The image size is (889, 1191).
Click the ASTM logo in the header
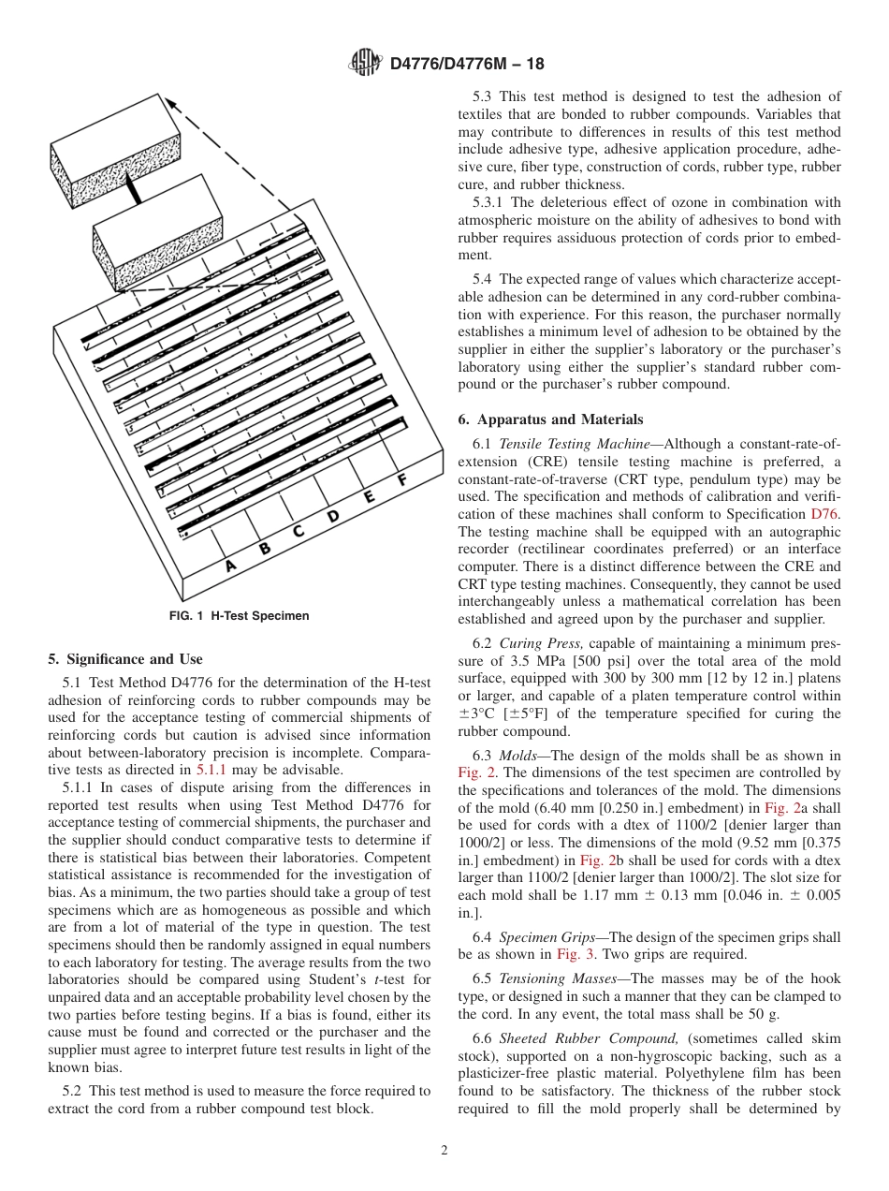(365, 64)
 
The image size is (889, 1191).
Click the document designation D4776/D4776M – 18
(466, 65)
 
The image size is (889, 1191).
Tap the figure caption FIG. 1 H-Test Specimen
(239, 616)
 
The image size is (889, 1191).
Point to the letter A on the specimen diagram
(230, 566)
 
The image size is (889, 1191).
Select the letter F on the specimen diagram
(401, 480)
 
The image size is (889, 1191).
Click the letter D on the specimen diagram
(332, 516)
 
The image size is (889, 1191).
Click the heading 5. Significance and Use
(124, 659)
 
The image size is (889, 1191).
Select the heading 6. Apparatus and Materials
(550, 419)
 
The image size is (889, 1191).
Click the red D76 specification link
(825, 514)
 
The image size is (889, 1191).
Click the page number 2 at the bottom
(444, 1151)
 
